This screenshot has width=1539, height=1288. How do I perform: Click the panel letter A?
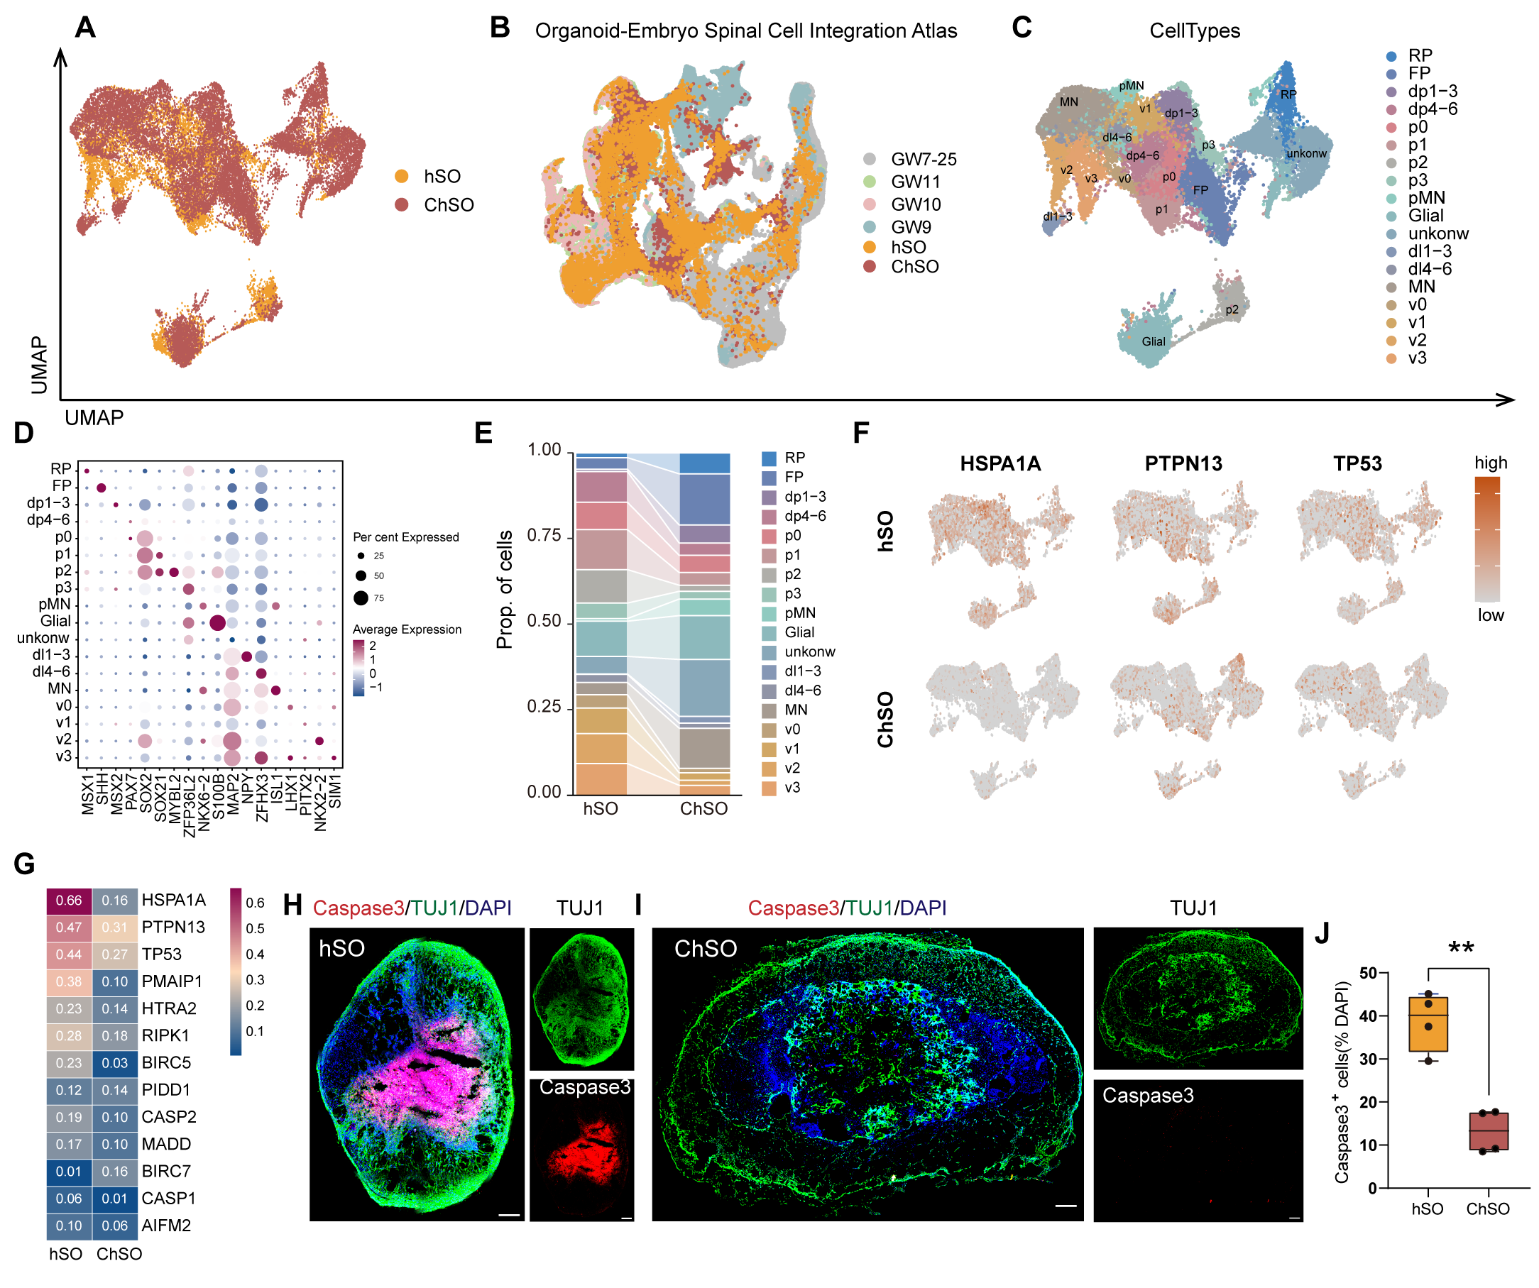(x=85, y=28)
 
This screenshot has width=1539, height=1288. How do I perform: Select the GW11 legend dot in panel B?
(x=869, y=182)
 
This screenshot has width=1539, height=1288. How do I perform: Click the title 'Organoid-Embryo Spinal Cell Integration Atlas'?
(x=745, y=31)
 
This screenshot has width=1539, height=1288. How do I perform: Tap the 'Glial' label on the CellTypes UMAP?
(x=1153, y=341)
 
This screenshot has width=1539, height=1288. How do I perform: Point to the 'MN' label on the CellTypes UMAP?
(x=1068, y=102)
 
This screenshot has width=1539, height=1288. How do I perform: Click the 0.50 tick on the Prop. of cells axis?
(x=544, y=621)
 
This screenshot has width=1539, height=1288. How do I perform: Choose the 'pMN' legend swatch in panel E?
(x=769, y=613)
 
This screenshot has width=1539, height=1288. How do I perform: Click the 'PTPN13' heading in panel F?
(x=1183, y=464)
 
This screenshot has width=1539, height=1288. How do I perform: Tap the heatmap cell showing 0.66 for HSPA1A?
(x=69, y=901)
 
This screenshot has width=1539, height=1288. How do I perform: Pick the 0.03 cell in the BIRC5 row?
(x=115, y=1063)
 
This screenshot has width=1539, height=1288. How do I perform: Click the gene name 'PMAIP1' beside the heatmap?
(x=172, y=981)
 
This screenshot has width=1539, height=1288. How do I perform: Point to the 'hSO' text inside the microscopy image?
(x=341, y=949)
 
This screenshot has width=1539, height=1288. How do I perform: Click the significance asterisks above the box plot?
(x=1461, y=949)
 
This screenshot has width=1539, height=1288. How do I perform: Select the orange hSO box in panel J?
(x=1428, y=1024)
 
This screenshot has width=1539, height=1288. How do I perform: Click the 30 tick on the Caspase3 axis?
(x=1367, y=1059)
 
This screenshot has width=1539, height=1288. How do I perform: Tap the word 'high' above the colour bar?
(x=1490, y=463)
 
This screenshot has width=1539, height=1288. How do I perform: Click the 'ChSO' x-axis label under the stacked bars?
(x=703, y=809)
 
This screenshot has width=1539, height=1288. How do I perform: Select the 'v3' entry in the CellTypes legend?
(x=1417, y=358)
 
